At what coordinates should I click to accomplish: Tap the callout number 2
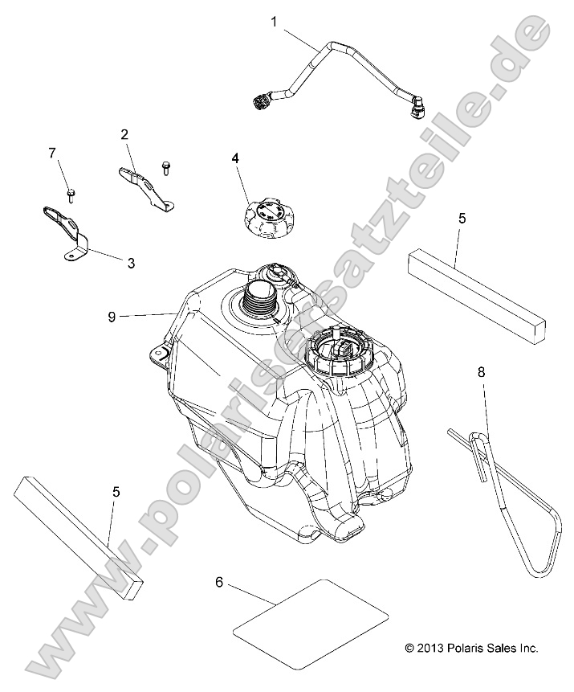pos(124,134)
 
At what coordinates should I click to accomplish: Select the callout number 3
pos(130,262)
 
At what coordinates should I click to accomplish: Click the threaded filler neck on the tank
pos(259,301)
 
